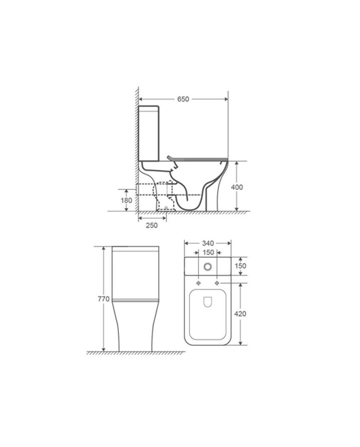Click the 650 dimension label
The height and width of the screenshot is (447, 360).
pyautogui.click(x=183, y=99)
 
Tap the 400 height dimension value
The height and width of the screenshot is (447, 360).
pyautogui.click(x=237, y=187)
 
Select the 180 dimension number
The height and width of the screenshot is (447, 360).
pyautogui.click(x=127, y=201)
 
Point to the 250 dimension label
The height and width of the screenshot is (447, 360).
pyautogui.click(x=152, y=225)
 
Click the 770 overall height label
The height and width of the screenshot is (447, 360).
pyautogui.click(x=104, y=299)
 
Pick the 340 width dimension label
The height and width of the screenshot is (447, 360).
pyautogui.click(x=208, y=243)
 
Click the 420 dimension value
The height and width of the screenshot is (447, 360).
pyautogui.click(x=240, y=314)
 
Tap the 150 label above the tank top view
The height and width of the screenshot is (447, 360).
pyautogui.click(x=208, y=252)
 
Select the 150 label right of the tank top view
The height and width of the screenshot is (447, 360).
pyautogui.click(x=240, y=266)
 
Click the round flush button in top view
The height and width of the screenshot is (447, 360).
pyautogui.click(x=208, y=267)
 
